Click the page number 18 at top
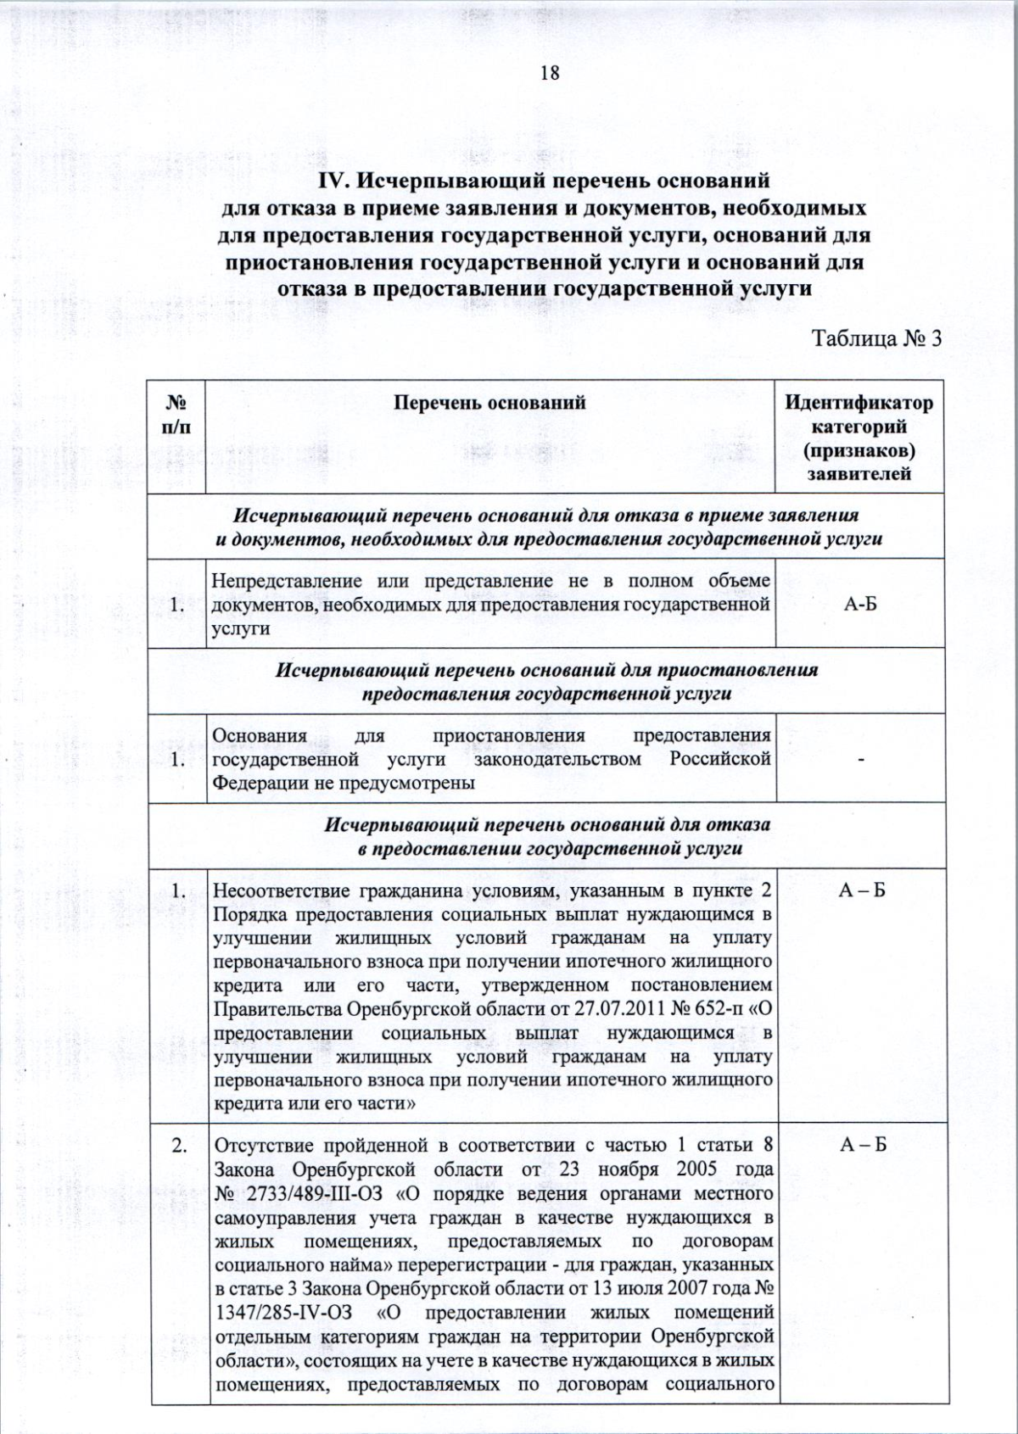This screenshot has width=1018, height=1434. click(x=549, y=73)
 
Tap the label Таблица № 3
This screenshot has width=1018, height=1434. click(x=877, y=338)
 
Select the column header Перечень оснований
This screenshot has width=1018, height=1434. click(x=489, y=403)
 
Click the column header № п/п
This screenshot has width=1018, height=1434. click(x=176, y=414)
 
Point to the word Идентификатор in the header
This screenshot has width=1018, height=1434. click(x=859, y=403)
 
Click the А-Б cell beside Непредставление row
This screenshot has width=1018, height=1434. click(x=860, y=605)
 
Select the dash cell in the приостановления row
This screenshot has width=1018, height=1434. click(x=861, y=760)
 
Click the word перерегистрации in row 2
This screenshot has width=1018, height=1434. click(x=467, y=1264)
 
